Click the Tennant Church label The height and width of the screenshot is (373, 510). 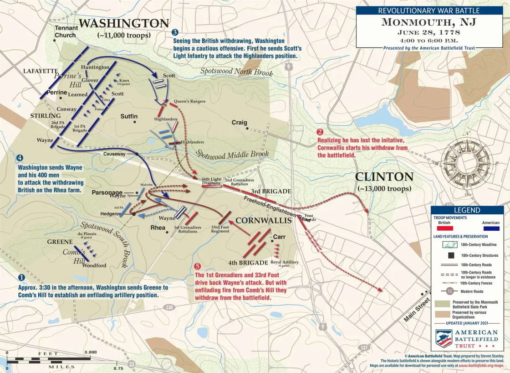click(x=66, y=31)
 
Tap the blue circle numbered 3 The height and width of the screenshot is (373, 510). click(x=175, y=32)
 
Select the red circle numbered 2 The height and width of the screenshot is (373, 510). click(x=320, y=133)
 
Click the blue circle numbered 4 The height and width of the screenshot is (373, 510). click(x=20, y=158)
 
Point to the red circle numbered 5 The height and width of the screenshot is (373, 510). click(x=197, y=266)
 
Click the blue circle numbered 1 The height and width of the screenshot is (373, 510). click(x=21, y=277)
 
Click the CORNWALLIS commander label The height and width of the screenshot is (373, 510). click(x=263, y=220)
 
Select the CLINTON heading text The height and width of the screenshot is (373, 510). click(x=384, y=177)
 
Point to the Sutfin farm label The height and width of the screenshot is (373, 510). click(x=129, y=117)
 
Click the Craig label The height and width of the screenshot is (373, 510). click(x=239, y=123)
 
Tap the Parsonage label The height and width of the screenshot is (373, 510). click(x=107, y=192)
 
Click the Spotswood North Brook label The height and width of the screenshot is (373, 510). click(x=237, y=72)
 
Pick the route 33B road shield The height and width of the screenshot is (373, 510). click(x=169, y=308)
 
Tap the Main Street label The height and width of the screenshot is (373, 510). click(x=416, y=310)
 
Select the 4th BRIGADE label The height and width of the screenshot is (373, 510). click(x=248, y=263)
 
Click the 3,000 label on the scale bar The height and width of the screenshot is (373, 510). click(x=90, y=352)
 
